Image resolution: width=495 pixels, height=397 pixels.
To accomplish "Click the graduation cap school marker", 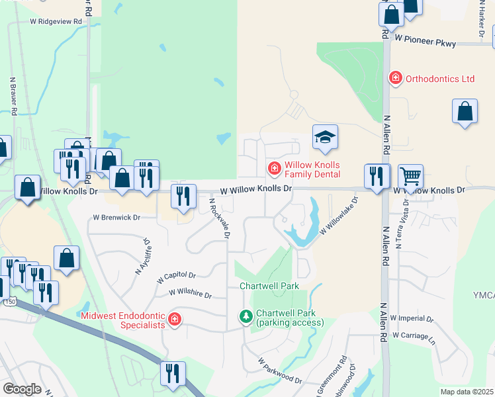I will click(325, 137).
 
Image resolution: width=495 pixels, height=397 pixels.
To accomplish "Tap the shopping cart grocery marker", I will click(411, 177).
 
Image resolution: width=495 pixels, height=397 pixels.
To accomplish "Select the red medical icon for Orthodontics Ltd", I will click(396, 78).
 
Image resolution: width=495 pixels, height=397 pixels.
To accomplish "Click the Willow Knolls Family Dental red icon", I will click(273, 169).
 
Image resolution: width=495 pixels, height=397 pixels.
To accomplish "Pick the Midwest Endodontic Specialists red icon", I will click(174, 320).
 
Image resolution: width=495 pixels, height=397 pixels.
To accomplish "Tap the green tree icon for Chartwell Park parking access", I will click(246, 318).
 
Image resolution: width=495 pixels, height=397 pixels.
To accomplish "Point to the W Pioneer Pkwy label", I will click(426, 42).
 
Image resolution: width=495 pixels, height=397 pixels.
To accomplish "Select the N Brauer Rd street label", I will click(13, 96).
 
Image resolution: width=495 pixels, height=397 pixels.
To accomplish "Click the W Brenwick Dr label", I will click(116, 217).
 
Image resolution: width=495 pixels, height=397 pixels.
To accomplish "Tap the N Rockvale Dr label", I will click(220, 218).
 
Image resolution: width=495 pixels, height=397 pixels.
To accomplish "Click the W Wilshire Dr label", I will click(190, 292).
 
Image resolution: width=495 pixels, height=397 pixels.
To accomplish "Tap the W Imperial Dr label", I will click(412, 318).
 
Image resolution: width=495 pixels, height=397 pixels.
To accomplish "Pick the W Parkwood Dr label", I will click(280, 372).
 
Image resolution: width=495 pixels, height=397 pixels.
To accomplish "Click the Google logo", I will click(22, 389).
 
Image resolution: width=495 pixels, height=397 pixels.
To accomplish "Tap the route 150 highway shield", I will click(9, 302).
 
